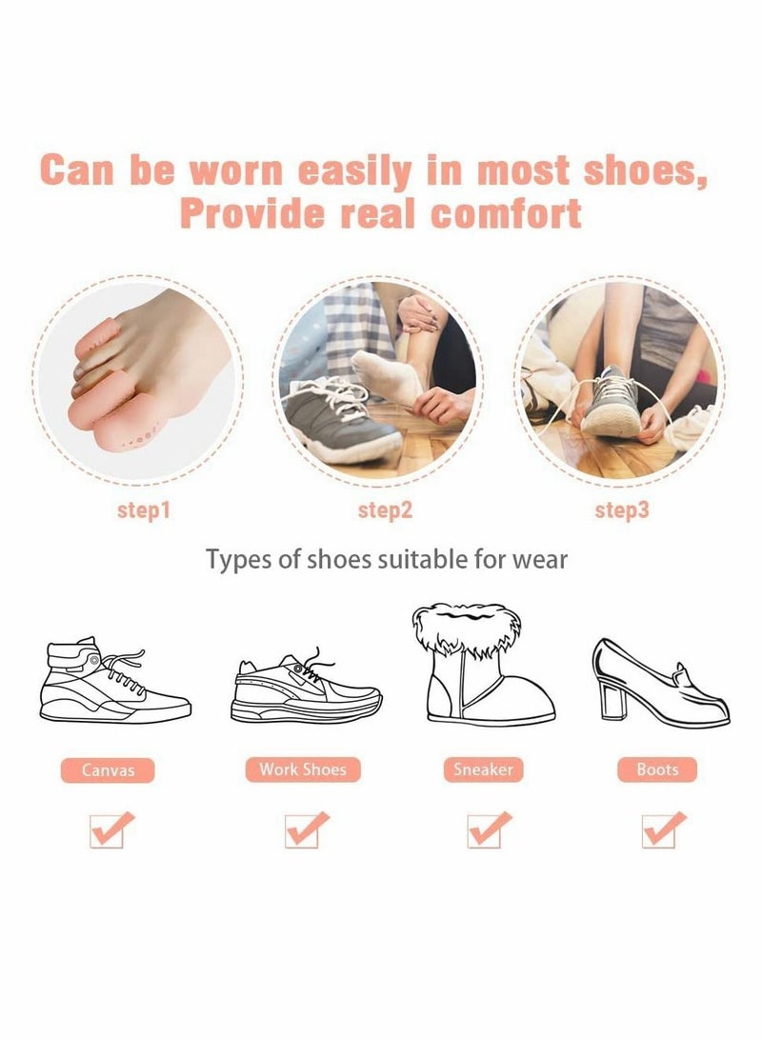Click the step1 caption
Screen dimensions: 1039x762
144,510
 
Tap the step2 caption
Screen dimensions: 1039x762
385,510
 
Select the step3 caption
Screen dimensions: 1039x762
622,510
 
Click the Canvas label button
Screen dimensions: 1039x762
108,769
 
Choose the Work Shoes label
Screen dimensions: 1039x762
303,769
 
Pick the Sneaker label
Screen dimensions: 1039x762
483,769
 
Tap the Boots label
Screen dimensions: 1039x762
657,769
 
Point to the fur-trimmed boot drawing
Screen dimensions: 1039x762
482,667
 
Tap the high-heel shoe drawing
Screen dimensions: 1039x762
657,681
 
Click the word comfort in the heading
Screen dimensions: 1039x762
506,212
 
